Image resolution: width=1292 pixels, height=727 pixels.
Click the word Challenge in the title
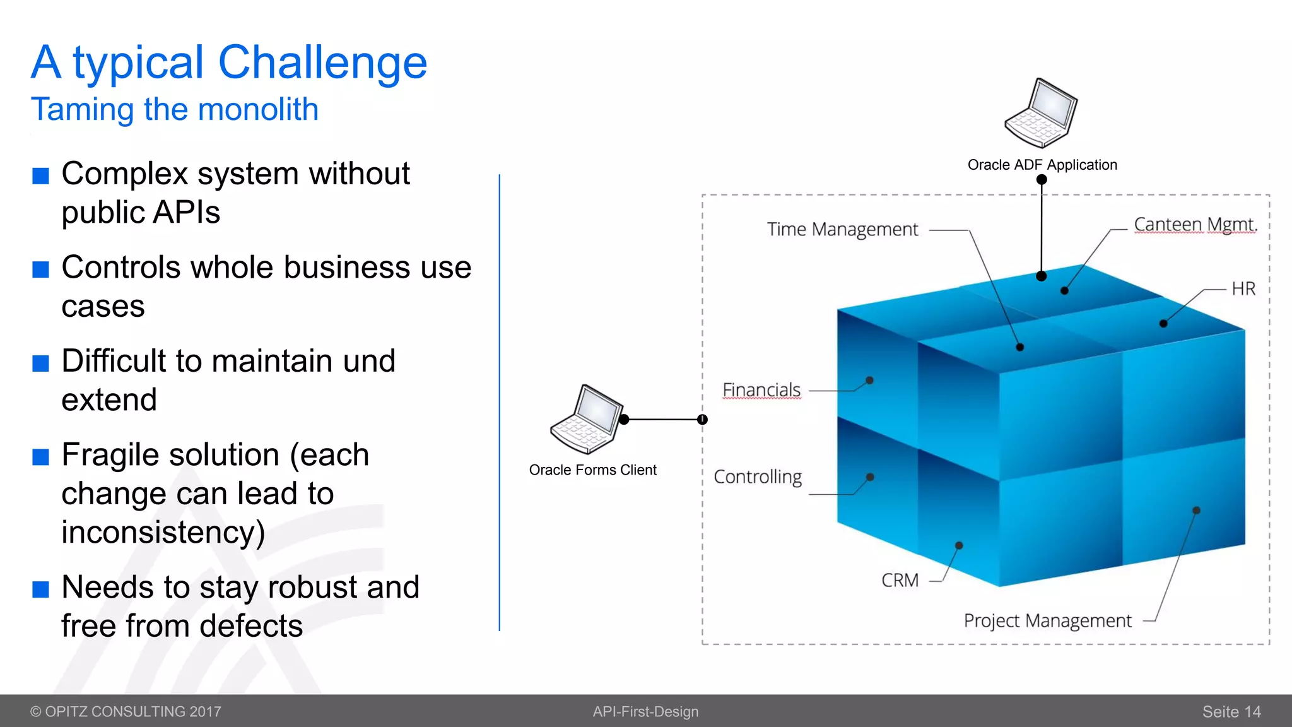click(x=322, y=63)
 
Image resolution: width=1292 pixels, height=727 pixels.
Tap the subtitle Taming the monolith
click(x=175, y=109)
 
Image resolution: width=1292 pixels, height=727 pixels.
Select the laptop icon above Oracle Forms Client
click(x=587, y=419)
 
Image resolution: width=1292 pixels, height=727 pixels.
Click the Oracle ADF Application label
click(x=1042, y=165)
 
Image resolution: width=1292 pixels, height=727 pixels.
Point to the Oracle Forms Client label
click(x=592, y=470)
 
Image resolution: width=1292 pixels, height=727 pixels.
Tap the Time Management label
click(x=842, y=230)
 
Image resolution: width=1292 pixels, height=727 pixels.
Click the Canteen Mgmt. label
click(x=1195, y=225)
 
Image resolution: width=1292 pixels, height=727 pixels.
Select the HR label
click(x=1243, y=289)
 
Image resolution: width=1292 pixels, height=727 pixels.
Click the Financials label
click(x=761, y=390)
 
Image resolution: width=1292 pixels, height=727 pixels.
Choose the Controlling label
click(x=758, y=477)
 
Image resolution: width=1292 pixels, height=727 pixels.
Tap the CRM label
click(x=900, y=581)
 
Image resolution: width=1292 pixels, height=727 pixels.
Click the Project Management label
click(x=1047, y=621)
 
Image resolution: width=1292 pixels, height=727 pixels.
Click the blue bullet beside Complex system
click(x=41, y=175)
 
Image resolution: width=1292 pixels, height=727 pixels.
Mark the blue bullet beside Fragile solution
click(x=41, y=456)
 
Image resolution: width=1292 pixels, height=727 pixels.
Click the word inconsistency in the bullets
click(x=163, y=532)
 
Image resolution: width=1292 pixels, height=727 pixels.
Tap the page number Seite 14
click(x=1231, y=712)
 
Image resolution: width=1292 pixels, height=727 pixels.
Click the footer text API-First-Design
click(x=645, y=712)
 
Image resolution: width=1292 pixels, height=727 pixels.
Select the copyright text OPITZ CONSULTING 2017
click(x=126, y=712)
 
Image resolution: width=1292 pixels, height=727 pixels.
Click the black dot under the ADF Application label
click(x=1042, y=180)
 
